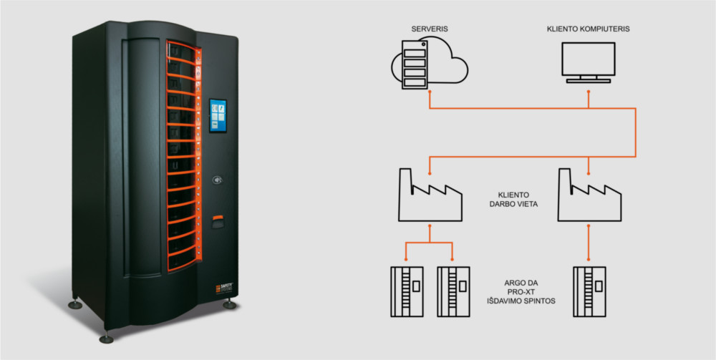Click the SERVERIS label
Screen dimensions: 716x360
[429, 29]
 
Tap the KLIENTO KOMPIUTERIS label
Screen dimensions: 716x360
[588, 29]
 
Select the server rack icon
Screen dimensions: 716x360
[415, 64]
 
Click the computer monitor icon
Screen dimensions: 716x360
[588, 62]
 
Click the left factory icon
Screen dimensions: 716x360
[430, 195]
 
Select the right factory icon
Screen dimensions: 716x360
[589, 195]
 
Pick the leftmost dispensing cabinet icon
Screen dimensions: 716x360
[407, 291]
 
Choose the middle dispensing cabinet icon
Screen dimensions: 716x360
[453, 291]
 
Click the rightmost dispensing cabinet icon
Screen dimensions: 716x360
[589, 291]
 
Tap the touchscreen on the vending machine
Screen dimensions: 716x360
[218, 115]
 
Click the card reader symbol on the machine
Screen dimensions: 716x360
[218, 180]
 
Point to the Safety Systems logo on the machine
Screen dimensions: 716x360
[225, 289]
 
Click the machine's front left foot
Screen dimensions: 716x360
[107, 339]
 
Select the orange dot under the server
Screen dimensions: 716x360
[429, 92]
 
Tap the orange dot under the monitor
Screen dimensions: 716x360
[588, 92]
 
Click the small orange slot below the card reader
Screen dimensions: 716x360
[218, 217]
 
